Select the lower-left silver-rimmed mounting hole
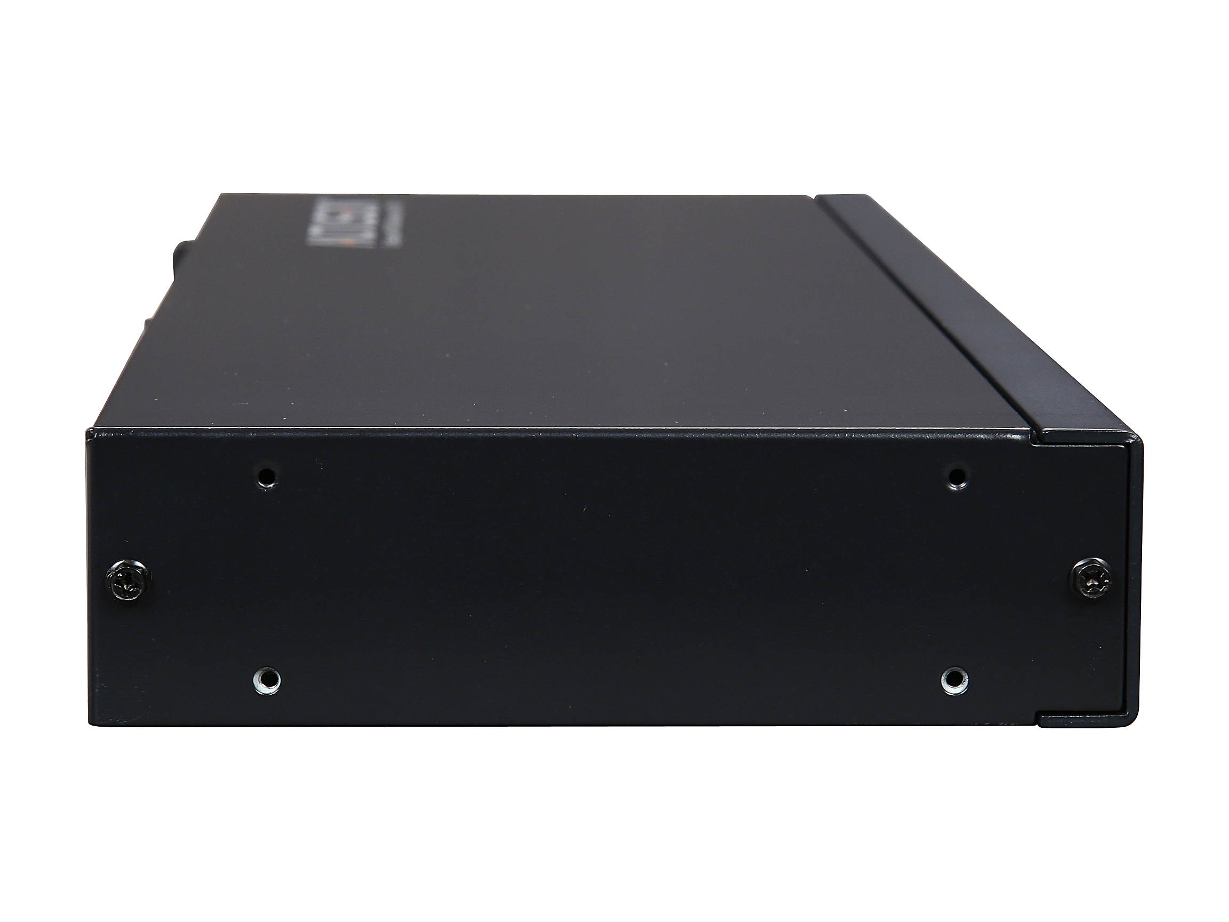point(267,680)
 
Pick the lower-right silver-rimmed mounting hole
point(954,680)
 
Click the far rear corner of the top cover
point(222,195)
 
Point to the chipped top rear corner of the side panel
point(89,430)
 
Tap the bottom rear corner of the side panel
point(90,724)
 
